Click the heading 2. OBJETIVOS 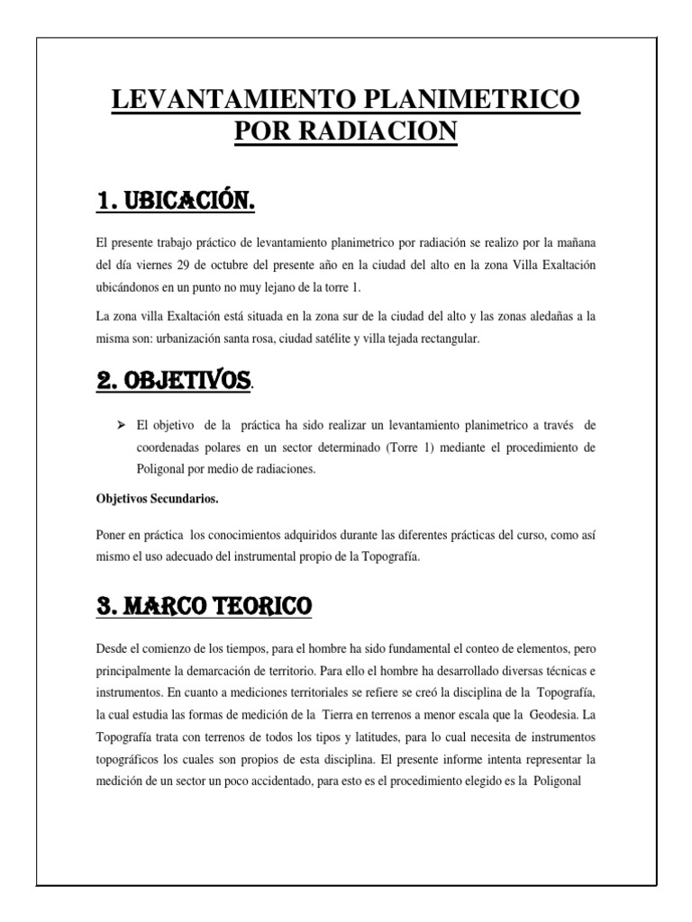(173, 380)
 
